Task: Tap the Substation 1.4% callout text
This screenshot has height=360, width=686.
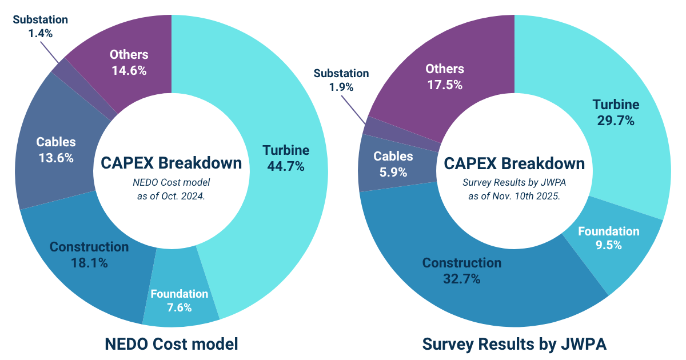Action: coord(40,26)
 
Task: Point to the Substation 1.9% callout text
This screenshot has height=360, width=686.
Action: coord(341,80)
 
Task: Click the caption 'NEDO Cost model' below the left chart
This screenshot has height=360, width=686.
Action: coord(171,345)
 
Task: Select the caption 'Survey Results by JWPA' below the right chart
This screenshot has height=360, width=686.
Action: coord(514,345)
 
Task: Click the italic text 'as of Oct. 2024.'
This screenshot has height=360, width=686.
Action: coord(171,195)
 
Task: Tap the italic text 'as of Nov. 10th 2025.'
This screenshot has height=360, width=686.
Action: coord(514,195)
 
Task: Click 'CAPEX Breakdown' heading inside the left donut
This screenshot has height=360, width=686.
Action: coord(171,163)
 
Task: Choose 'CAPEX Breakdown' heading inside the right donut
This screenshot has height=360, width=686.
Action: coord(514,163)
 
